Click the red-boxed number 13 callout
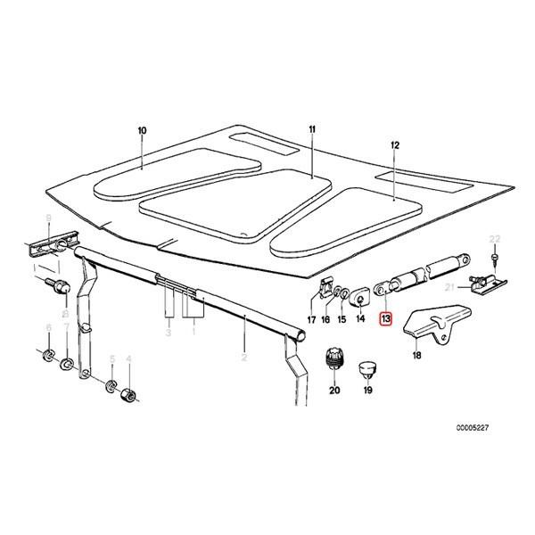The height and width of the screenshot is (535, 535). coord(385,318)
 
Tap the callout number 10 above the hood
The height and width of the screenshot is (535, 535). coord(142,131)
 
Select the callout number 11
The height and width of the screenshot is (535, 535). coord(313,131)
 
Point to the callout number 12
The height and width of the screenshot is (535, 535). coord(395,144)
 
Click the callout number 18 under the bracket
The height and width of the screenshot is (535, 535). coord(416,355)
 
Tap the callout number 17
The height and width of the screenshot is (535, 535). coord(311,318)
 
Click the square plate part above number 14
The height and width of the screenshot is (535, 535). coord(361,293)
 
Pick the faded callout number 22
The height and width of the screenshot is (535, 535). coord(496,238)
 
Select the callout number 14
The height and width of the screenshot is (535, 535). coord(360,318)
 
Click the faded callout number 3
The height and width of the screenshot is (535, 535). coord(167,333)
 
